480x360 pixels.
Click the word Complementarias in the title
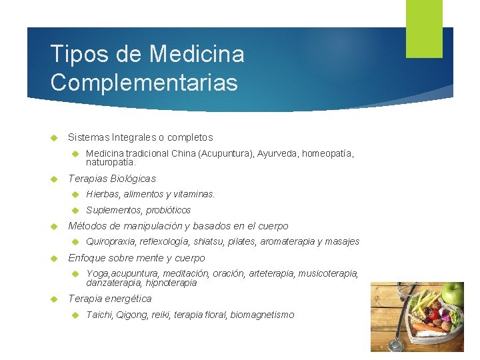click(143, 82)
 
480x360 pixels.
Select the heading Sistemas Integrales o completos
click(140, 137)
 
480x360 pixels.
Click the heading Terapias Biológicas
click(112, 178)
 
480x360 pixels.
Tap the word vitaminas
click(194, 194)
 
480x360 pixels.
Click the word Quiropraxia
click(111, 241)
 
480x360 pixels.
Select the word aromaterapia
click(287, 241)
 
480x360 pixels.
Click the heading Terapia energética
click(110, 298)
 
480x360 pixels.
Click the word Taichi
click(99, 315)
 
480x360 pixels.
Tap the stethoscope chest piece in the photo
click(395, 345)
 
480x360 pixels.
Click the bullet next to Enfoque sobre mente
click(56, 258)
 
